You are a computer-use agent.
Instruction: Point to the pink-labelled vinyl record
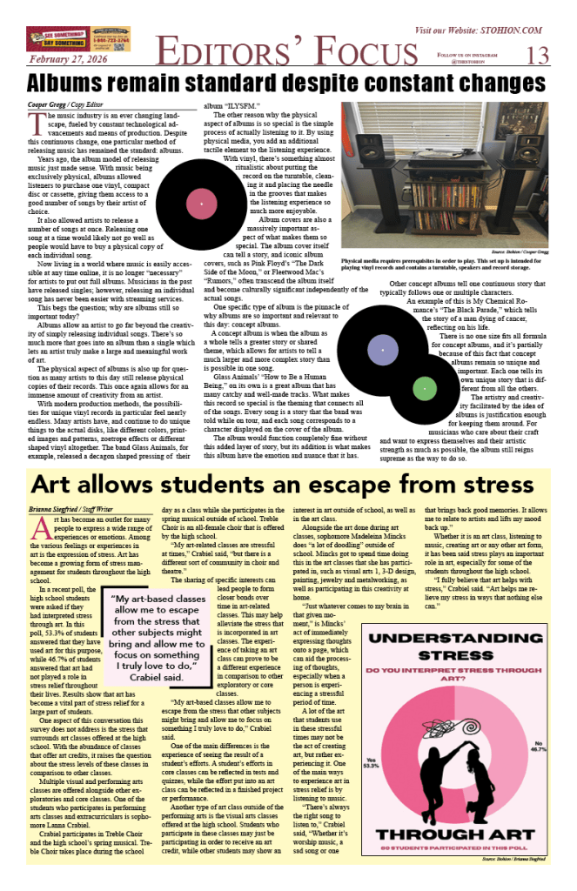pyautogui.click(x=201, y=204)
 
